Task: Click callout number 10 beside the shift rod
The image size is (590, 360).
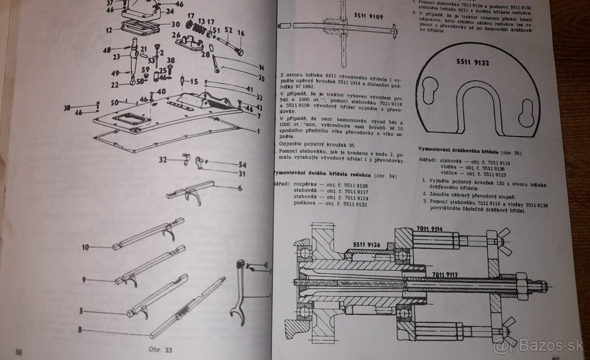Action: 85,247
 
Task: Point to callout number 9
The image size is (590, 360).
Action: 85,280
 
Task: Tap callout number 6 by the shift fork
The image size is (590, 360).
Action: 239,187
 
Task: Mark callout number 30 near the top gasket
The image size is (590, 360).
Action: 175,24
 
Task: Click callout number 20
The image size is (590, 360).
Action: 261,78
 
